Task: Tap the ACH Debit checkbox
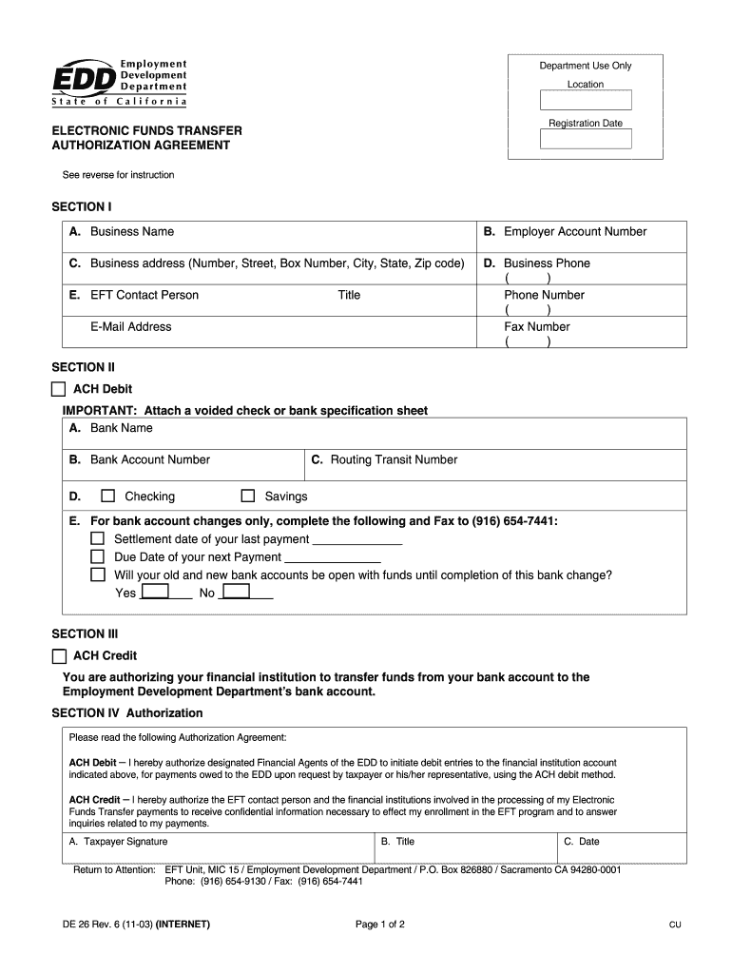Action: (59, 389)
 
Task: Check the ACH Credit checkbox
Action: (59, 655)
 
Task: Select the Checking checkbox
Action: (107, 496)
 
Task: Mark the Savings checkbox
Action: (248, 496)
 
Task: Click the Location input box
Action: (586, 101)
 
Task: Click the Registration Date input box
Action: (586, 139)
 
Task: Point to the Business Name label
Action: (131, 231)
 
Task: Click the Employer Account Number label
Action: (574, 231)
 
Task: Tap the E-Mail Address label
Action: (131, 326)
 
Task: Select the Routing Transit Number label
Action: (393, 459)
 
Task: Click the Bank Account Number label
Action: (149, 459)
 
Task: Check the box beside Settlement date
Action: (97, 539)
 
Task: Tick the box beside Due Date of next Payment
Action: (97, 556)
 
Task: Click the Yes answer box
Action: (155, 593)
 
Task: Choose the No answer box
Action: (236, 593)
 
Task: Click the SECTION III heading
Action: (84, 633)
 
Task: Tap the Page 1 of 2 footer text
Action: (380, 925)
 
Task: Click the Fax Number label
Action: (536, 326)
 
